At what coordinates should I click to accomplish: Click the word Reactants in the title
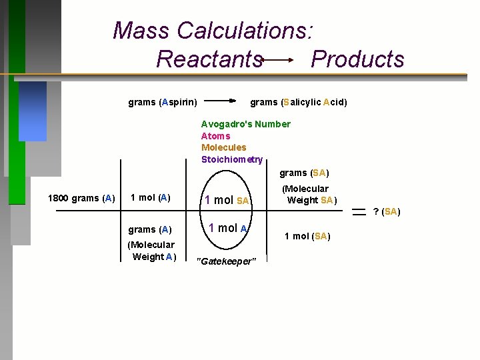pyautogui.click(x=209, y=59)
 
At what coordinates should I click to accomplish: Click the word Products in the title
pyautogui.click(x=357, y=59)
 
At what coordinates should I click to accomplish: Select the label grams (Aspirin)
pyautogui.click(x=162, y=102)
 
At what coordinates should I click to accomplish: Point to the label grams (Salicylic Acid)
pyautogui.click(x=298, y=102)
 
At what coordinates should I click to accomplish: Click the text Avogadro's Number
pyautogui.click(x=246, y=124)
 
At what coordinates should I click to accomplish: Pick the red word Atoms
pyautogui.click(x=215, y=135)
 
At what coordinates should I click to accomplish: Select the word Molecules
pyautogui.click(x=223, y=147)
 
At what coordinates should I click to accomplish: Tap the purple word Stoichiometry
pyautogui.click(x=232, y=159)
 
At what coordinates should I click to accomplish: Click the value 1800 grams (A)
pyautogui.click(x=81, y=198)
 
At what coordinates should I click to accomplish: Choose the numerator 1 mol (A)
pyautogui.click(x=150, y=197)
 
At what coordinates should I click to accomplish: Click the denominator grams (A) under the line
pyautogui.click(x=150, y=229)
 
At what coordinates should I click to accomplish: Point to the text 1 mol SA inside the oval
pyautogui.click(x=227, y=200)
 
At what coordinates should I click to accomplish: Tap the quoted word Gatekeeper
pyautogui.click(x=226, y=261)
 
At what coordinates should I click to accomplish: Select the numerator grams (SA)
pyautogui.click(x=304, y=173)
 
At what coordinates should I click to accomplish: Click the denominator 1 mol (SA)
pyautogui.click(x=307, y=236)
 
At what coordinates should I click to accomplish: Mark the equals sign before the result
pyautogui.click(x=359, y=211)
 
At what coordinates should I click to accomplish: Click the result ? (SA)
pyautogui.click(x=387, y=211)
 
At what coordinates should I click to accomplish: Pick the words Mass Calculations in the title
pyautogui.click(x=213, y=31)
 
